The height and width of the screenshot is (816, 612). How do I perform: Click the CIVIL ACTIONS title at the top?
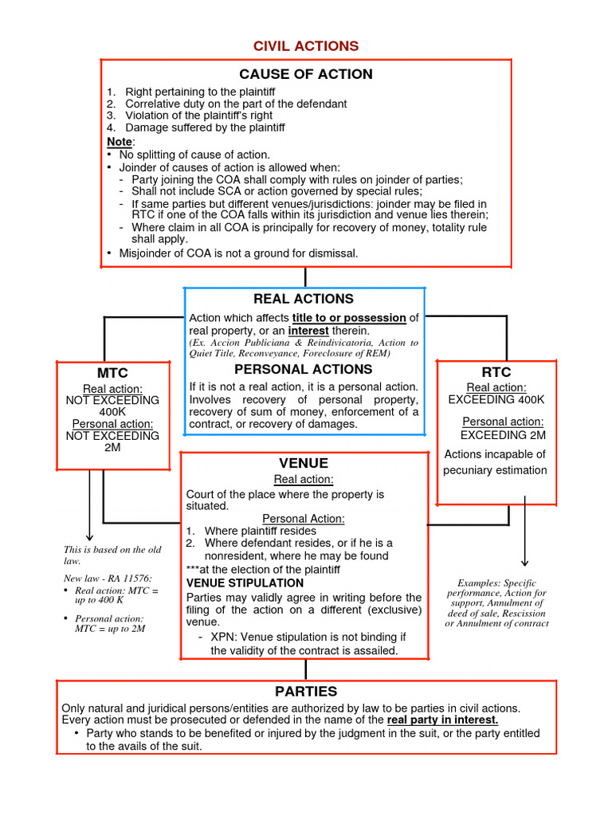306,46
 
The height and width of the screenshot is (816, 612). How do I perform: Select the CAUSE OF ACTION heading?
306,74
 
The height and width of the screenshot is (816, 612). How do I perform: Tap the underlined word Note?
119,141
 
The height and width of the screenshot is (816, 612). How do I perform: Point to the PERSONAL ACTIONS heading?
303,369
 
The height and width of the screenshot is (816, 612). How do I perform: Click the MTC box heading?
112,373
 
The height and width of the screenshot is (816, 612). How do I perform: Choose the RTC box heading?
496,372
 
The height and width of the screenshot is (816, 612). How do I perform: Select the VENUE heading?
304,463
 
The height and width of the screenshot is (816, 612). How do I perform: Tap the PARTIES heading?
306,691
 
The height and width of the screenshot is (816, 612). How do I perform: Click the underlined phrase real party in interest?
443,720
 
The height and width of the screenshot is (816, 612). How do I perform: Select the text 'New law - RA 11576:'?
107,578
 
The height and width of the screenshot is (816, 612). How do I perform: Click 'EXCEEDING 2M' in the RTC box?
503,435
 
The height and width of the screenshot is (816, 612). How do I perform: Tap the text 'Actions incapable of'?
495,454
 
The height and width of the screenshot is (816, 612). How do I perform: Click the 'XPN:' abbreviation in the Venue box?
224,637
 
